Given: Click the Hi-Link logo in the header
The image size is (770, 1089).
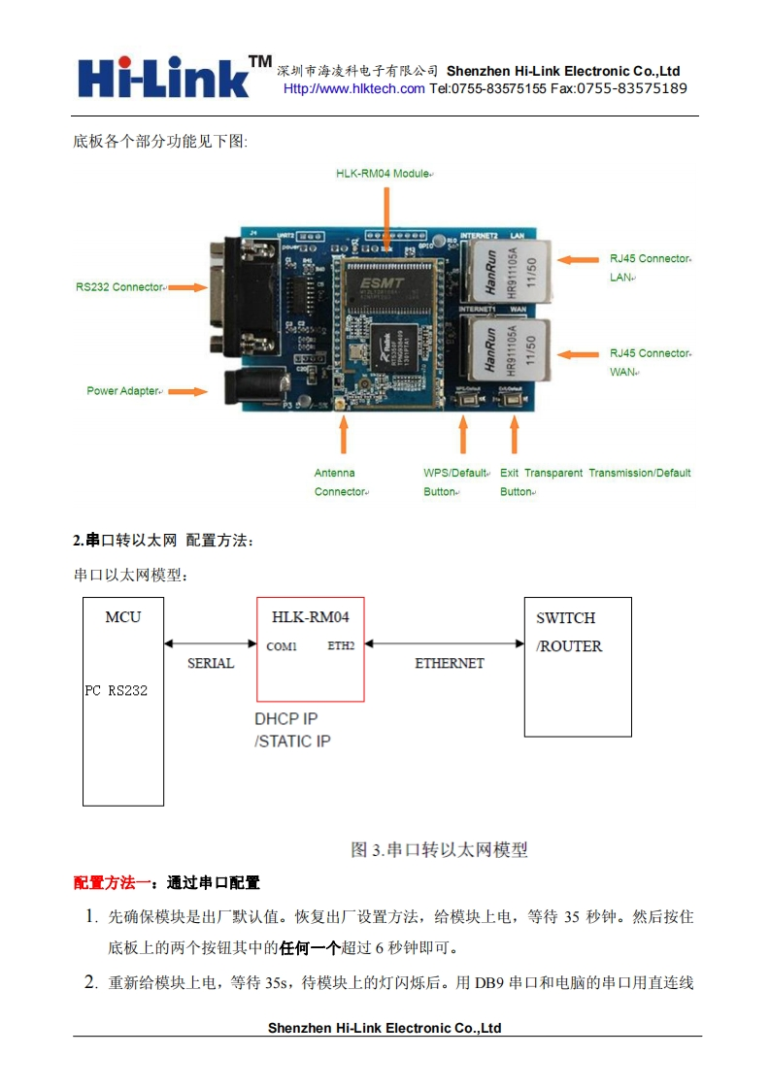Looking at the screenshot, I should pos(173,76).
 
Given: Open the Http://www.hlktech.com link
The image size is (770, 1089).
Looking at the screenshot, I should pos(353,89).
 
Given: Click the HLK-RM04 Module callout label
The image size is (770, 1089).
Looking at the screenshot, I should pos(384,173).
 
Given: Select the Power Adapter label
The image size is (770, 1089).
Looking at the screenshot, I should pos(122,391).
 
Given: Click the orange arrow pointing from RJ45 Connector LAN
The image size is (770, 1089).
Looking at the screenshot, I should pos(581,260).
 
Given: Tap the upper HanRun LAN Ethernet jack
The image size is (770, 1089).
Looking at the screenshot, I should pos(504,271).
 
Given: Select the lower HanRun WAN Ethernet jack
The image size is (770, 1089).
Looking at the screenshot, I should pos(504,350).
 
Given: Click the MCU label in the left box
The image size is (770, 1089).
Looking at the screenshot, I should pos(123,617).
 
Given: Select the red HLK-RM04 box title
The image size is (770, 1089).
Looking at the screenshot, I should pos(311,617).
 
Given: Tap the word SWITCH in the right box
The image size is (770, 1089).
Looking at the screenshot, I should pos(566,618).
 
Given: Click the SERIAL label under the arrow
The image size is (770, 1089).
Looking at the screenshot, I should pos(211,664).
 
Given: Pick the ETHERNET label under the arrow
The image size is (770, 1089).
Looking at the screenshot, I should pos(450,664).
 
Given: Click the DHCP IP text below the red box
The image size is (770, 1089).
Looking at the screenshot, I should pos(286,719).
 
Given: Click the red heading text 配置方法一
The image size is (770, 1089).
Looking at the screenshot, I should pos(112,883).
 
